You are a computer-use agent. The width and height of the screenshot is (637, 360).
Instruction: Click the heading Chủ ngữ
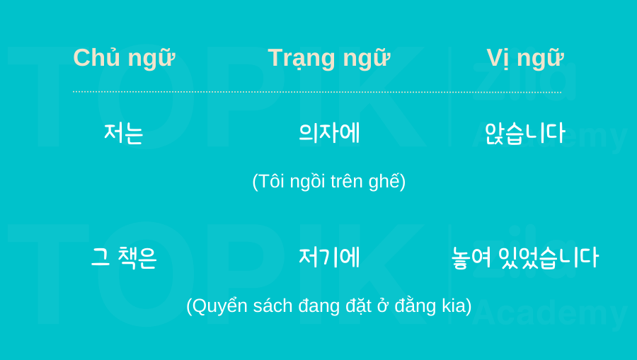tap(124, 58)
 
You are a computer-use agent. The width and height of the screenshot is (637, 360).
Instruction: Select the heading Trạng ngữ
tap(329, 58)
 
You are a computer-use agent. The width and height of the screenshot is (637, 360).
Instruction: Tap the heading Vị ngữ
tap(525, 58)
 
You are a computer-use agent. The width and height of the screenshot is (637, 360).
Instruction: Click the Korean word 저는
tap(123, 133)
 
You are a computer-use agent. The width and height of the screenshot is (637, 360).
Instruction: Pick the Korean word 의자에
tap(329, 133)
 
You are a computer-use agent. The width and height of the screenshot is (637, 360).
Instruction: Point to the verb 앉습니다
tap(525, 133)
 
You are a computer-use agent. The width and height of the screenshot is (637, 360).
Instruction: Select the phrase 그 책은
tap(124, 257)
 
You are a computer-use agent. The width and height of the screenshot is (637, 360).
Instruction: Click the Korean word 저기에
tap(329, 257)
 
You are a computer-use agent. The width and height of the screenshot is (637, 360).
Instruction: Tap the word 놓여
tap(471, 257)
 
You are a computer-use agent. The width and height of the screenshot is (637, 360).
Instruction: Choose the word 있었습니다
tap(549, 257)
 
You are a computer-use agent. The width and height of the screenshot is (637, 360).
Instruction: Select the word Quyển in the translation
tap(220, 306)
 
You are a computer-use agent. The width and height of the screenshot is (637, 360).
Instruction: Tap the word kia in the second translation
tap(454, 306)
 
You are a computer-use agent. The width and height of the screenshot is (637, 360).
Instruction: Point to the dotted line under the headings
tap(317, 92)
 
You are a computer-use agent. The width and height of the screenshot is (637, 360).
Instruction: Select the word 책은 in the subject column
tap(137, 257)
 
